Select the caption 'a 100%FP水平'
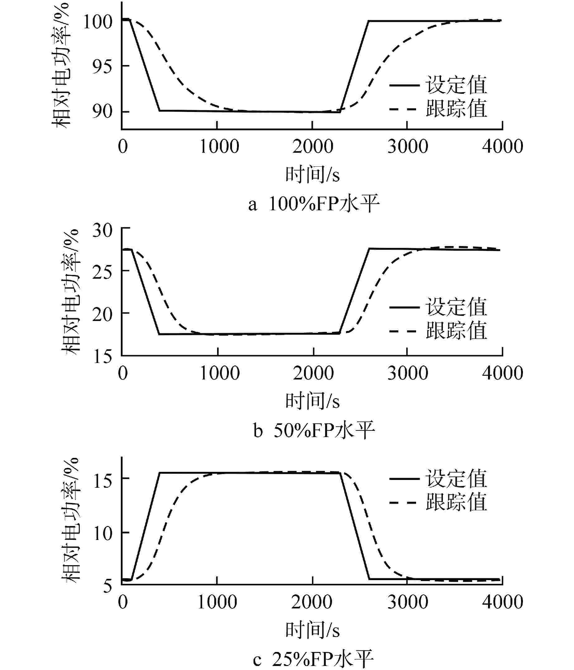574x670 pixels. pos(313,204)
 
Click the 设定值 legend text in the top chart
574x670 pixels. pos(456,85)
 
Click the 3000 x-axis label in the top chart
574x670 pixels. pos(408,147)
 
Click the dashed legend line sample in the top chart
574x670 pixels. pos(403,109)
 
